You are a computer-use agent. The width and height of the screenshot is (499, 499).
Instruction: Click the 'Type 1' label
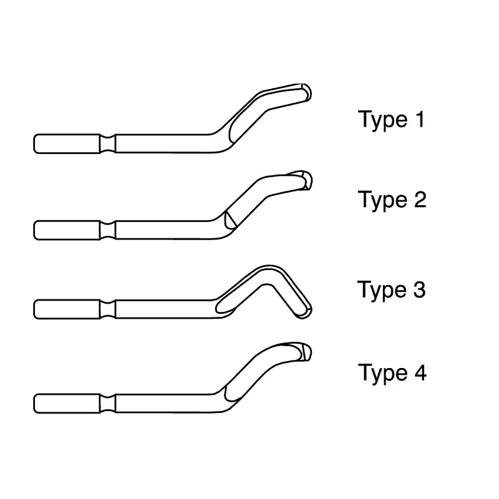pyautogui.click(x=392, y=120)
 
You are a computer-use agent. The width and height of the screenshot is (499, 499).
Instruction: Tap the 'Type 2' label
pyautogui.click(x=392, y=200)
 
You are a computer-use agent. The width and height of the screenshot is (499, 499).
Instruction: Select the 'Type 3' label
pyautogui.click(x=392, y=290)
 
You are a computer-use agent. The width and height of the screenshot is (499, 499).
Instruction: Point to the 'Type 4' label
pyautogui.click(x=392, y=372)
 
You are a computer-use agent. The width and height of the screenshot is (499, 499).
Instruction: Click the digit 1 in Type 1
pyautogui.click(x=420, y=119)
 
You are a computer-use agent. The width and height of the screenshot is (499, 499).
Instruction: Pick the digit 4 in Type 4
pyautogui.click(x=420, y=372)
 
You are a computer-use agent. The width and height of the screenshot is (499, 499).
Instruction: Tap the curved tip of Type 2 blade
pyautogui.click(x=308, y=180)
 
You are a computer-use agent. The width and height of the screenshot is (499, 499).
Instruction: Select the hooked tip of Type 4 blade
pyautogui.click(x=306, y=352)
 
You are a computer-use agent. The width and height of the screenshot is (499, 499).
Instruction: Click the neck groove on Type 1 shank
pyautogui.click(x=107, y=144)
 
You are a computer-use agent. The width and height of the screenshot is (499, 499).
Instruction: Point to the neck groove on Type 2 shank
pyautogui.click(x=107, y=230)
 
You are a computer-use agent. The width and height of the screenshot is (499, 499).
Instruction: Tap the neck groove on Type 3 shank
pyautogui.click(x=107, y=309)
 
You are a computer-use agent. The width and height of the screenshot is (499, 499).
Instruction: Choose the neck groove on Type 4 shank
pyautogui.click(x=107, y=404)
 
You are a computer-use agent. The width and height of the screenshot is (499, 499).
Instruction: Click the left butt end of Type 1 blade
pyautogui.click(x=34, y=144)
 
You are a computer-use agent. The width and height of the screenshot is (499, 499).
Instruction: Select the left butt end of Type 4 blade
pyautogui.click(x=34, y=404)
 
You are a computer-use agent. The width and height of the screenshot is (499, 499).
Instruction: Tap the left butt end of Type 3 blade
pyautogui.click(x=34, y=309)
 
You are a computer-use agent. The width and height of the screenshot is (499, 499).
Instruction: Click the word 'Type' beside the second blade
pyautogui.click(x=382, y=200)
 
